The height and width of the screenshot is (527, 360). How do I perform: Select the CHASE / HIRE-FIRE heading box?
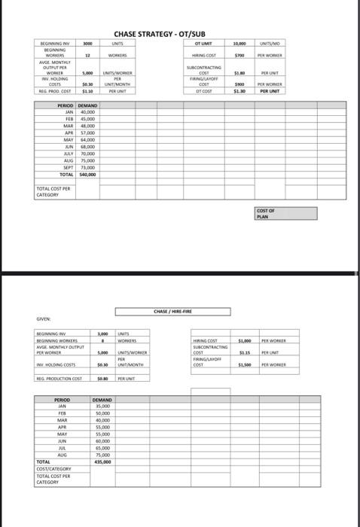[173, 311]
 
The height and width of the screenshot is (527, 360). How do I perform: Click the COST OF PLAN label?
[265, 213]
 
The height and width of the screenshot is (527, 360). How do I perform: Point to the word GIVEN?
[45, 317]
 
